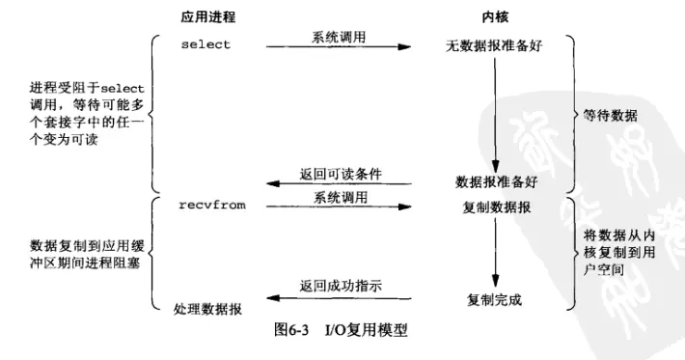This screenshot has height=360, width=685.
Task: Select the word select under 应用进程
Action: [205, 45]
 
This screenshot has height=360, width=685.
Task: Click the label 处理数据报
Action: [207, 309]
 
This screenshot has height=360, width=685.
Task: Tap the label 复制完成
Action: [494, 299]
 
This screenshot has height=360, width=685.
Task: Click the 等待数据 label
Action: [610, 116]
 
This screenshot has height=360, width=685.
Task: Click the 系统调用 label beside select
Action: [339, 37]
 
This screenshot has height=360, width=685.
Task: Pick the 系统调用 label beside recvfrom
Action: [339, 197]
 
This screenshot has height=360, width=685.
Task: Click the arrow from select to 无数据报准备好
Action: [339, 47]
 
